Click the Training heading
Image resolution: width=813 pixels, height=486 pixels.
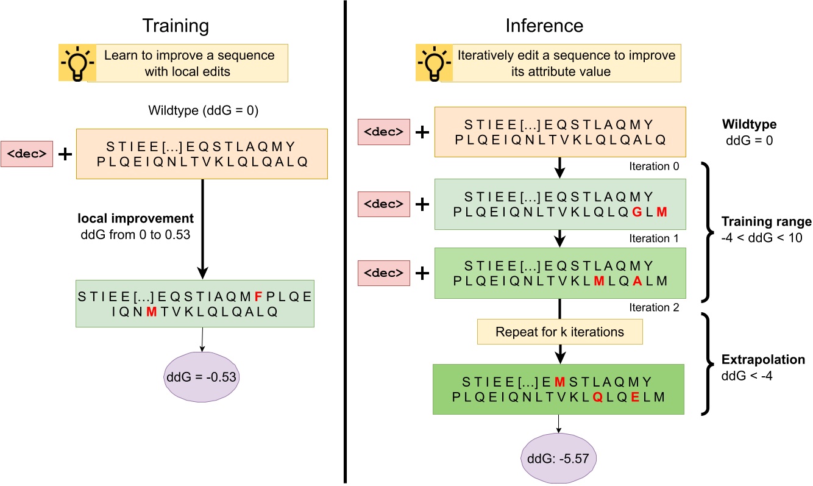176,26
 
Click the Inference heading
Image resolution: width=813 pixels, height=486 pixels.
544,26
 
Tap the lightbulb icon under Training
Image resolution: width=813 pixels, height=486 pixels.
77,63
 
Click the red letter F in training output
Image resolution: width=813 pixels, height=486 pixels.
258,297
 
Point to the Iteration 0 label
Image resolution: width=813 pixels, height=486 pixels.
653,166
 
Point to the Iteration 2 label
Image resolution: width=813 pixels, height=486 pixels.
653,307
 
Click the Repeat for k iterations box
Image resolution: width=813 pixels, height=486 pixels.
559,332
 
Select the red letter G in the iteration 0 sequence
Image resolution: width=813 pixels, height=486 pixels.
637,212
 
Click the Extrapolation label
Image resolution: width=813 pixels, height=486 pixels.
764,360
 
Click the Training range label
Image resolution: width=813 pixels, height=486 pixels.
766,221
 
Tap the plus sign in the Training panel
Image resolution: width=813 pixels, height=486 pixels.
64,154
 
